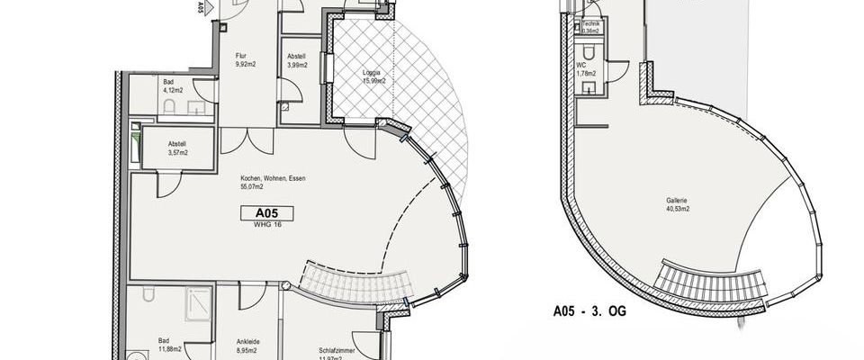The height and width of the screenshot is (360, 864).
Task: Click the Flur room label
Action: coord(241,56)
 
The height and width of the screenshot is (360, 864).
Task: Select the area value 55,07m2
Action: coord(253,188)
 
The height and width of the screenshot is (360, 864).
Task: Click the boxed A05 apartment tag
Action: coord(267,213)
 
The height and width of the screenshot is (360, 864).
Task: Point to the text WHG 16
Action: coord(267,227)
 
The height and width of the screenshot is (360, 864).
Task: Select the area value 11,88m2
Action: coord(171,349)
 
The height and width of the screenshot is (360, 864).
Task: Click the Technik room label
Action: coord(591,23)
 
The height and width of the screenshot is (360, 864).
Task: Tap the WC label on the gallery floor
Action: coord(581,65)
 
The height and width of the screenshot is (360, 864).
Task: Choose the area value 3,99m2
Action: coord(298,65)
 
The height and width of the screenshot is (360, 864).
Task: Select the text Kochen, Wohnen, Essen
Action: coord(273,179)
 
